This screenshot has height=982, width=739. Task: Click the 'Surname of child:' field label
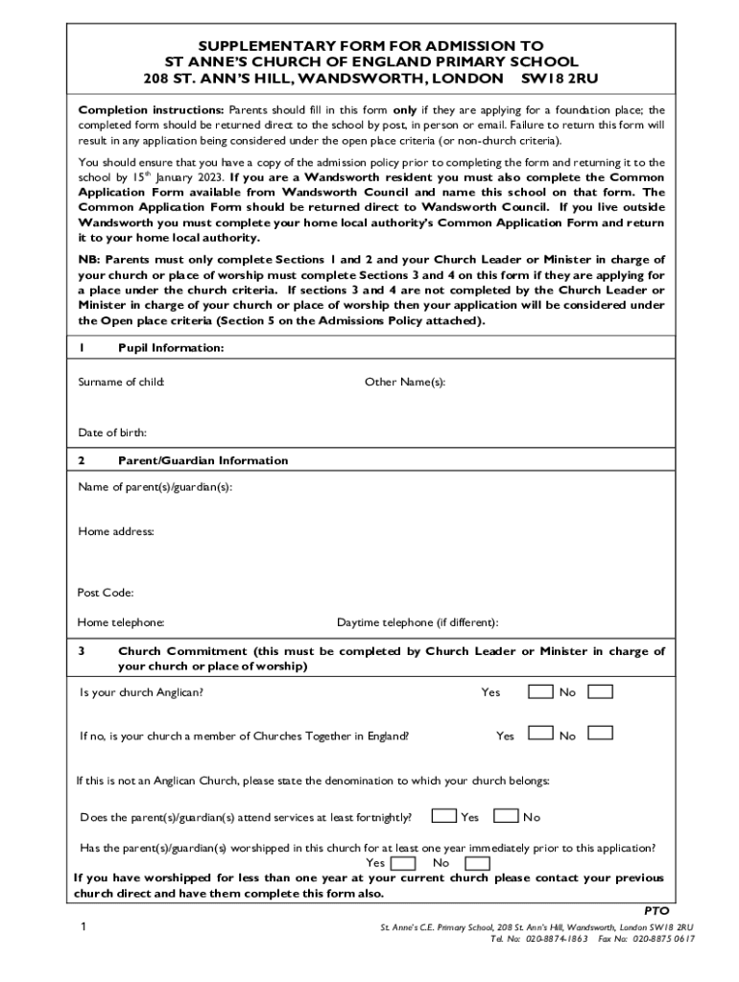(121, 382)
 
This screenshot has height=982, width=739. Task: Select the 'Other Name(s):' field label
(404, 382)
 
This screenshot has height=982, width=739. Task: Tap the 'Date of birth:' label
(112, 433)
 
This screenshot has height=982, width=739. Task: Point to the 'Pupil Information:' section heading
(170, 348)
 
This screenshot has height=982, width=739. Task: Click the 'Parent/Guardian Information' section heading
(203, 460)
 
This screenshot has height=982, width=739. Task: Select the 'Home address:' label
(116, 531)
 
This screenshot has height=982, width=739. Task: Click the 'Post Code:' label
(106, 593)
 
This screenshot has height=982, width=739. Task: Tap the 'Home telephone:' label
(121, 622)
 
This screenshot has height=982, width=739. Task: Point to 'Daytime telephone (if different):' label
(417, 622)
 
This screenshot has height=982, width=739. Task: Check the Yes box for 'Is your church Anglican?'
(541, 691)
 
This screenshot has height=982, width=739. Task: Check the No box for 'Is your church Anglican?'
(601, 691)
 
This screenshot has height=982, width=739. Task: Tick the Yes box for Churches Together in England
(541, 734)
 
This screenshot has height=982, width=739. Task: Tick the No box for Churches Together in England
(601, 734)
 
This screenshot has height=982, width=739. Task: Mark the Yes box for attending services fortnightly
(443, 816)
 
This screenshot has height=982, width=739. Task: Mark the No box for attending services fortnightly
(506, 816)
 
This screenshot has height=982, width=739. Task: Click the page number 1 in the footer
(83, 927)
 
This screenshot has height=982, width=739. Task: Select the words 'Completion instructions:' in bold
(151, 110)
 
